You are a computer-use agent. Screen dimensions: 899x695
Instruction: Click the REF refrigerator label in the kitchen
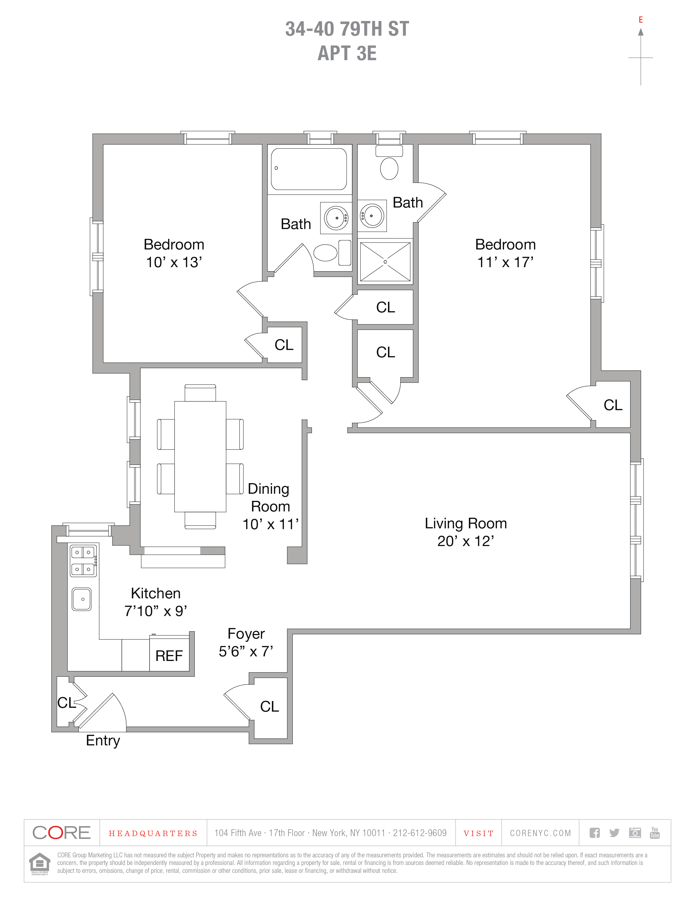click(x=169, y=656)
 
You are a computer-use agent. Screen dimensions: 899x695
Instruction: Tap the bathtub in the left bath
click(x=309, y=169)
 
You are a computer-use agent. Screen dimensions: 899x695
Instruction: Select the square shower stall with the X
click(x=385, y=262)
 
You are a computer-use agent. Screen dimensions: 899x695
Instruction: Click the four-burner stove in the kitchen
click(x=83, y=561)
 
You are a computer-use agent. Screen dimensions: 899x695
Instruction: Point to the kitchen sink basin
click(x=81, y=599)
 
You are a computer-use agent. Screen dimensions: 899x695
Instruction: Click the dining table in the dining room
click(x=200, y=456)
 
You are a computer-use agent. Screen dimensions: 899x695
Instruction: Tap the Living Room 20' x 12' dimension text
click(x=465, y=541)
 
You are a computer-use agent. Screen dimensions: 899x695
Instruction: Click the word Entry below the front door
click(x=103, y=740)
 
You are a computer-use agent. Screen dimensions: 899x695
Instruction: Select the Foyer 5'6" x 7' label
click(x=246, y=642)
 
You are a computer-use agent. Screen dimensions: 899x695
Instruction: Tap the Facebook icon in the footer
click(x=594, y=833)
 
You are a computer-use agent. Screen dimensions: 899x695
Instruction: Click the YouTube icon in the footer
click(x=655, y=833)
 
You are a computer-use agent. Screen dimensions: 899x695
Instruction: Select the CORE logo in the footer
click(x=61, y=833)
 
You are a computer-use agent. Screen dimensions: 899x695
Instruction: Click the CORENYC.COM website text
click(x=540, y=833)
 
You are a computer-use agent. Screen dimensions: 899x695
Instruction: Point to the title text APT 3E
click(x=347, y=53)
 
